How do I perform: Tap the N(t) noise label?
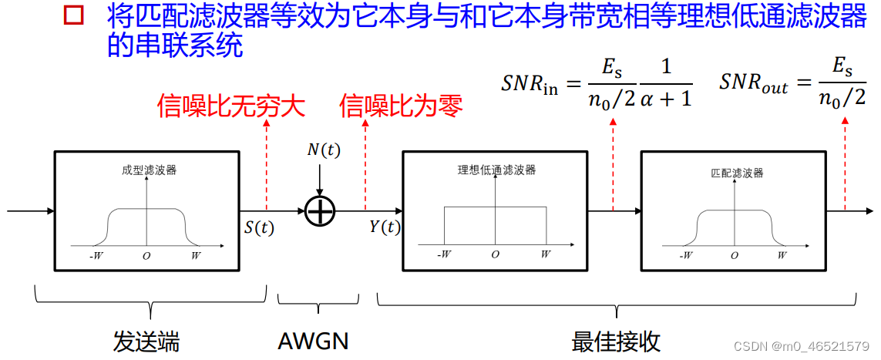click(x=323, y=150)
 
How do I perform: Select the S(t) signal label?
click(x=259, y=227)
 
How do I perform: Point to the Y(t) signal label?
click(x=385, y=227)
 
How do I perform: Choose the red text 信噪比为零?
click(x=402, y=106)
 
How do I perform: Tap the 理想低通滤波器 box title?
click(x=496, y=170)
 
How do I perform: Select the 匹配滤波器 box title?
click(x=736, y=173)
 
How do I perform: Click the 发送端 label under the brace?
click(x=146, y=340)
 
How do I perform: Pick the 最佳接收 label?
click(x=616, y=340)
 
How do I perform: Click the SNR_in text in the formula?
click(x=529, y=83)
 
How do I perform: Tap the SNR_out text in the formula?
click(x=753, y=83)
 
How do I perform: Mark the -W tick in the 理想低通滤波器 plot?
click(x=443, y=254)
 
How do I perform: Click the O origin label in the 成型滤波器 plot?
click(x=146, y=254)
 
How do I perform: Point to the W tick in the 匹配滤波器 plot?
click(x=782, y=254)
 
